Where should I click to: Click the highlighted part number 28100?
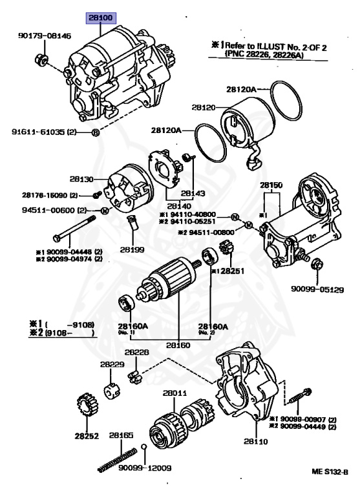pos(101,18)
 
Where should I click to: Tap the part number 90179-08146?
pos(45,36)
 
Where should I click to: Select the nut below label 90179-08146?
pos(41,59)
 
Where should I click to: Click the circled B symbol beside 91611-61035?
pos(95,132)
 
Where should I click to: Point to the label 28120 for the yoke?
pos(204,108)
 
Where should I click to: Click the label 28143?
pos(193,193)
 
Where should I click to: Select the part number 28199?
pos(132,249)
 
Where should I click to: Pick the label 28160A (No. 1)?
pos(133,328)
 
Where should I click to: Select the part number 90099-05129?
pos(317,289)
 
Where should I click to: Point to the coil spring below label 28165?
pos(118,460)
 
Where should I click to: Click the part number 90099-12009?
pos(145,468)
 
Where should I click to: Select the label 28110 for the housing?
pos(256,441)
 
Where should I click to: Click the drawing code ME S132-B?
pos(330,472)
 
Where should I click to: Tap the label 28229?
pos(112,364)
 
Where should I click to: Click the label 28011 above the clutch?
pos(175,393)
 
